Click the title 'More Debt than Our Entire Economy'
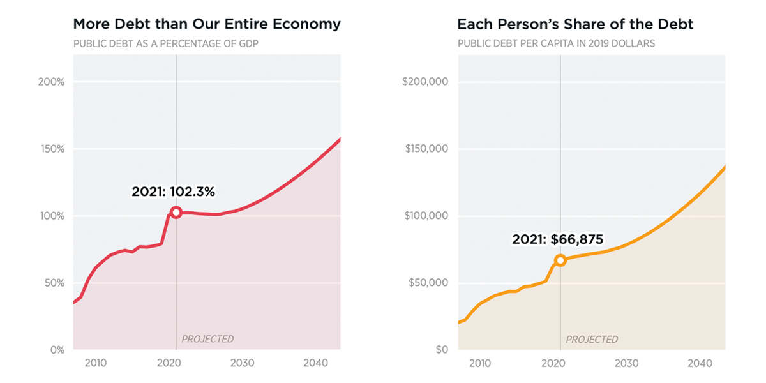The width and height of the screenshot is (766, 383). click(x=207, y=24)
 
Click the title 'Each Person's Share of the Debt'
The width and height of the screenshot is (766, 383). click(x=575, y=24)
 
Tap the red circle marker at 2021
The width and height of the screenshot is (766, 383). click(x=176, y=213)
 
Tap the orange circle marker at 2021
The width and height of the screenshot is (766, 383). click(x=560, y=260)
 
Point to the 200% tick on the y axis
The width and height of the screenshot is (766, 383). click(x=52, y=82)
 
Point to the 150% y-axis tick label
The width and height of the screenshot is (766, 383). click(x=52, y=149)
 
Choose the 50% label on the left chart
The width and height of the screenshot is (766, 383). click(x=54, y=283)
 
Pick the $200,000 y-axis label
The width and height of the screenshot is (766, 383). click(x=426, y=82)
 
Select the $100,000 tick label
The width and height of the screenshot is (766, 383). click(x=426, y=216)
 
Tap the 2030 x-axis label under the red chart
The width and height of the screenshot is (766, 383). click(x=243, y=363)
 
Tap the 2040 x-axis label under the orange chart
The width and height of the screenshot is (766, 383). click(x=700, y=363)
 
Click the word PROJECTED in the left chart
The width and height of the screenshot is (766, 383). click(x=207, y=339)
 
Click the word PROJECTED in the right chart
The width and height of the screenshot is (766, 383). click(x=592, y=339)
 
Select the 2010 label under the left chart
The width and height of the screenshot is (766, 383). click(x=95, y=363)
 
